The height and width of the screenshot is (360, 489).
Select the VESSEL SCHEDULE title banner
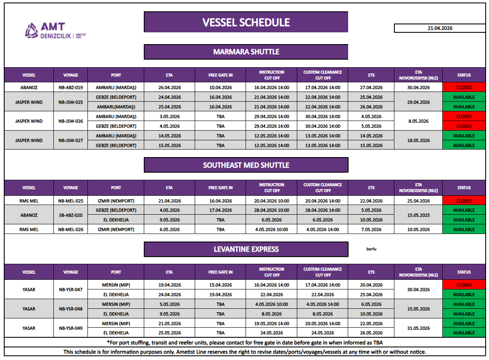click(246, 22)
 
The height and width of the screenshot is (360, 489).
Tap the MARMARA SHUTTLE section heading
click(246, 52)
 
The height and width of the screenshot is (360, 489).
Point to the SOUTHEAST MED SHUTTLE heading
click(246, 165)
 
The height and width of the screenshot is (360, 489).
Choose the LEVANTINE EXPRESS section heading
click(246, 250)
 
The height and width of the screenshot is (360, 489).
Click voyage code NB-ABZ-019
click(71, 88)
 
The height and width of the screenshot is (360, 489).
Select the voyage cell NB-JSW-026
click(71, 121)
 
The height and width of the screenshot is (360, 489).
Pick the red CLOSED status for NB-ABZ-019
click(464, 88)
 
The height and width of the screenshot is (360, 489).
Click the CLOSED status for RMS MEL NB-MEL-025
click(464, 201)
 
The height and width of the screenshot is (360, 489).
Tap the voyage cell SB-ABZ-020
click(71, 215)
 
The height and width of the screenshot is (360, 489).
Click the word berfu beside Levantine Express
click(371, 249)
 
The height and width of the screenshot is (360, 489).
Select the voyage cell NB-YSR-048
click(71, 309)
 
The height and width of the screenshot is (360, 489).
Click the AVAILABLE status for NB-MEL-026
click(464, 230)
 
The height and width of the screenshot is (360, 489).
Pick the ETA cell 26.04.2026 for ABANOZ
click(169, 88)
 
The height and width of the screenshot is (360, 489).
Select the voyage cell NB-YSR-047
click(71, 290)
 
